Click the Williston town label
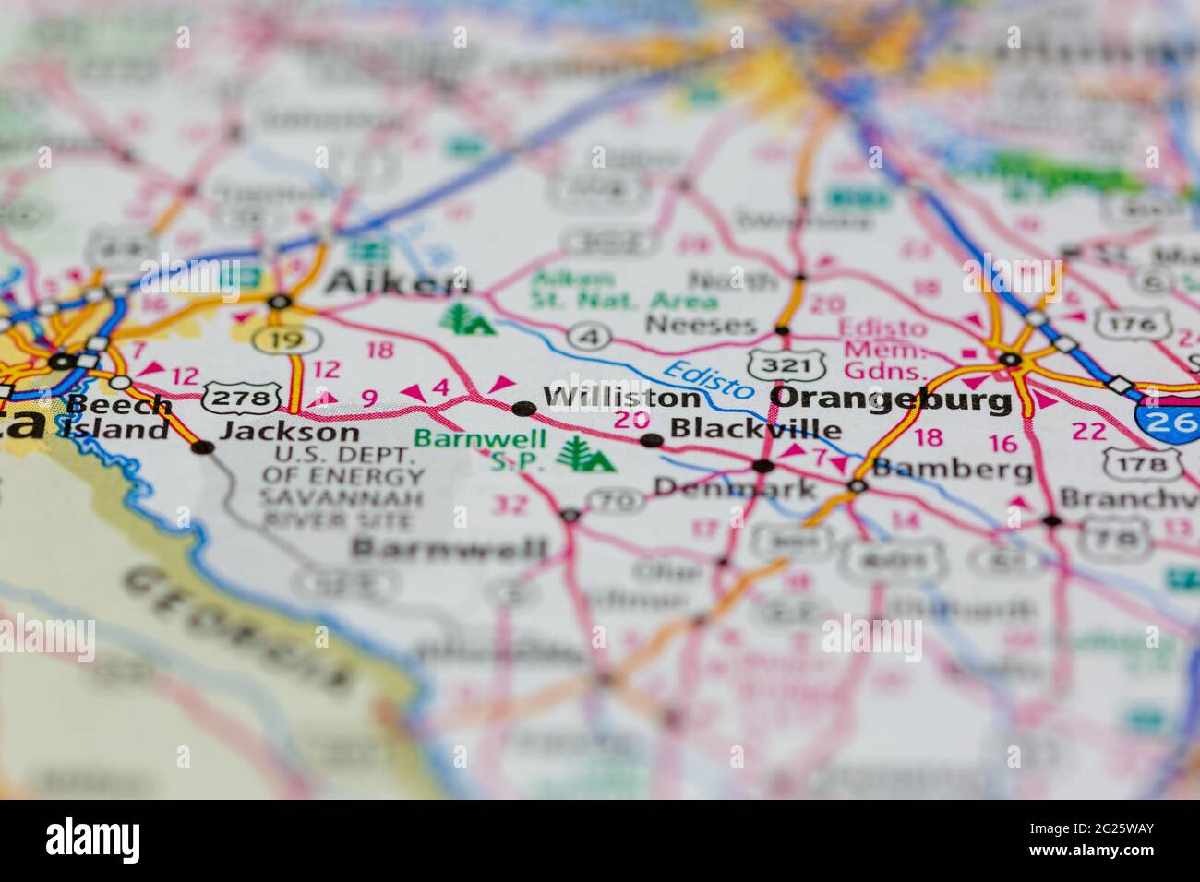pyautogui.click(x=621, y=399)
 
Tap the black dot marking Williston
pyautogui.click(x=523, y=408)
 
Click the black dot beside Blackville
pyautogui.click(x=652, y=440)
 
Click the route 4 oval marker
pyautogui.click(x=587, y=337)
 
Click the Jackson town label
pyautogui.click(x=289, y=432)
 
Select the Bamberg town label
pyautogui.click(x=953, y=470)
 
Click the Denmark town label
pyautogui.click(x=735, y=487)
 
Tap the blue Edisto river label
pyautogui.click(x=708, y=380)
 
